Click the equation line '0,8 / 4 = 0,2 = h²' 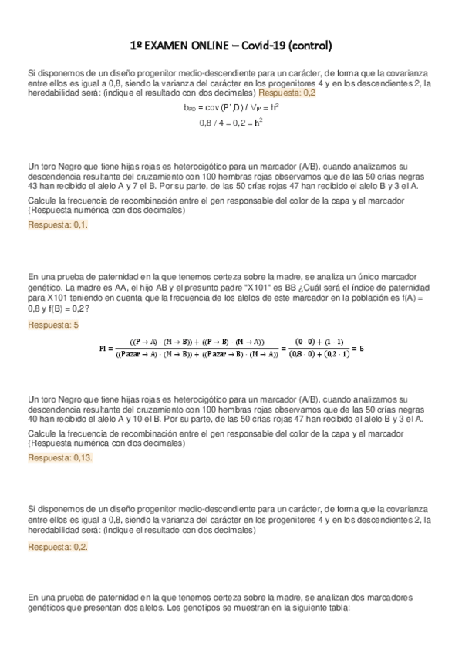[231, 123]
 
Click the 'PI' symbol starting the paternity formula [105, 348]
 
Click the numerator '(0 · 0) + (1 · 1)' [322, 342]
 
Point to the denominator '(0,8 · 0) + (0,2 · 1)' [322, 355]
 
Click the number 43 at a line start [32, 186]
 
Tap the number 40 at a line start [32, 419]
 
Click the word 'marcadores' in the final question [389, 598]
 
